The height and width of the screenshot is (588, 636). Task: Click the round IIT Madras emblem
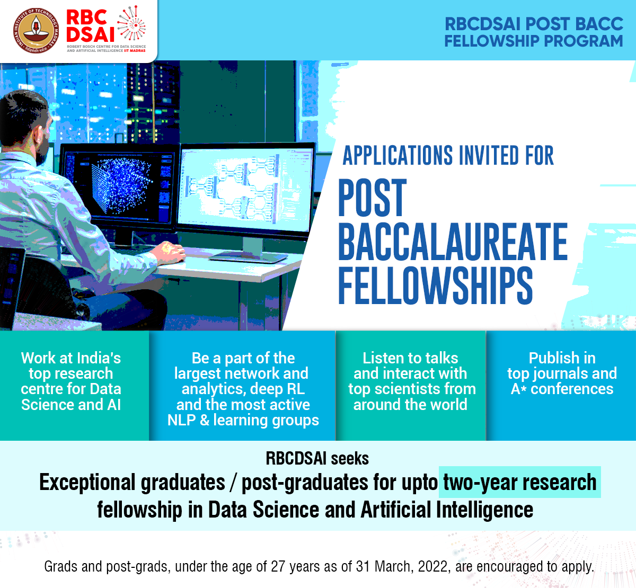pyautogui.click(x=36, y=31)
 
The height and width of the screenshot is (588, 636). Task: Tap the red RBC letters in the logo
pyautogui.click(x=86, y=17)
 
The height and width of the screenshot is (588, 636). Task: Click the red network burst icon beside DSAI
pyautogui.click(x=131, y=23)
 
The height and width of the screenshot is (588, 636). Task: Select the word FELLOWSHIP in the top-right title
pyautogui.click(x=492, y=41)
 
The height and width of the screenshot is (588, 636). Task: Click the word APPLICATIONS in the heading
pyautogui.click(x=397, y=156)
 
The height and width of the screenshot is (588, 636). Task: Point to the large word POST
pyautogui.click(x=373, y=197)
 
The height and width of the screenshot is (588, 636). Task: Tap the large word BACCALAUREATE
pyautogui.click(x=453, y=242)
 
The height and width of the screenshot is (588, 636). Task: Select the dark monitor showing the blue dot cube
pyautogui.click(x=119, y=185)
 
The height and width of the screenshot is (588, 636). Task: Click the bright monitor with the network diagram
pyautogui.click(x=245, y=190)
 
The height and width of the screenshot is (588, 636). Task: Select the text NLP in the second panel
pyautogui.click(x=181, y=420)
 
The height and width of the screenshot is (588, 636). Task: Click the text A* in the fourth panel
pyautogui.click(x=518, y=389)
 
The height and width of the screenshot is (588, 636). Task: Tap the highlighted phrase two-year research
pyautogui.click(x=520, y=482)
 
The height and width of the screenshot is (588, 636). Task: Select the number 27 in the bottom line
pyautogui.click(x=278, y=566)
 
